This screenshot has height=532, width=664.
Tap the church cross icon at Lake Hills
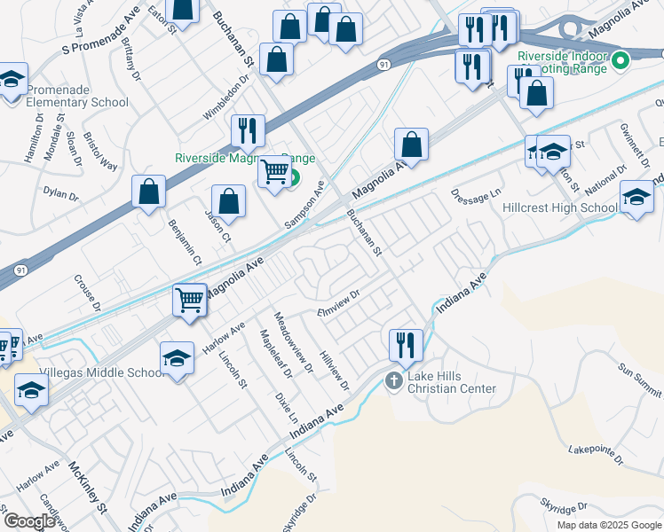pos(394,380)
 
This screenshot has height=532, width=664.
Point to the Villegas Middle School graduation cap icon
pos(177,358)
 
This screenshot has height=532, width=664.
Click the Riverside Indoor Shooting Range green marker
pos(621,60)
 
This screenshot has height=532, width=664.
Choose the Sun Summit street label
pos(638,367)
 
